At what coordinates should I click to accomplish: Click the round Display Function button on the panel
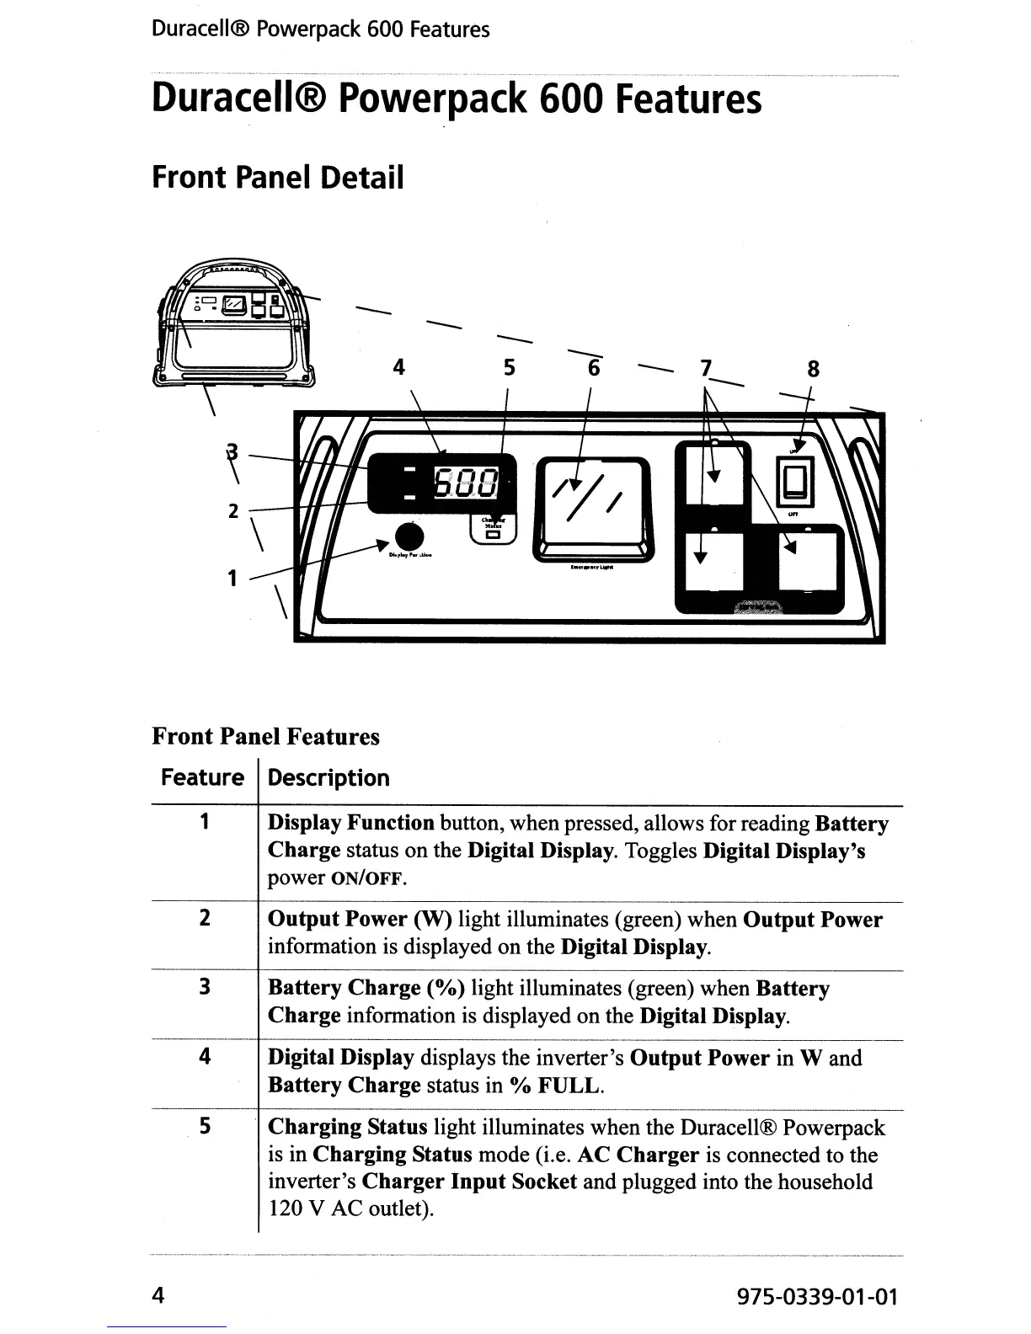click(410, 536)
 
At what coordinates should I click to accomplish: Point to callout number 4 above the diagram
click(399, 367)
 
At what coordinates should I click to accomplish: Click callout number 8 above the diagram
click(813, 369)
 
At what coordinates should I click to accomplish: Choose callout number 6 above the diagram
click(595, 369)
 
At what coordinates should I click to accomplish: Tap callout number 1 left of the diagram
click(232, 579)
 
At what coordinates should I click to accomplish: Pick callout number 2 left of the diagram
click(234, 511)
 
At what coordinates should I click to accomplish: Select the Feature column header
click(202, 777)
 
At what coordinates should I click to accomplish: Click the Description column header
click(329, 777)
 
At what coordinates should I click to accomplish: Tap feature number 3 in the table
click(205, 987)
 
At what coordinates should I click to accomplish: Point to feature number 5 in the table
click(205, 1126)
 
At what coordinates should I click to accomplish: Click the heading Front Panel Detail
click(278, 178)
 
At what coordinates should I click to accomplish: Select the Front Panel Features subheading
click(265, 737)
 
